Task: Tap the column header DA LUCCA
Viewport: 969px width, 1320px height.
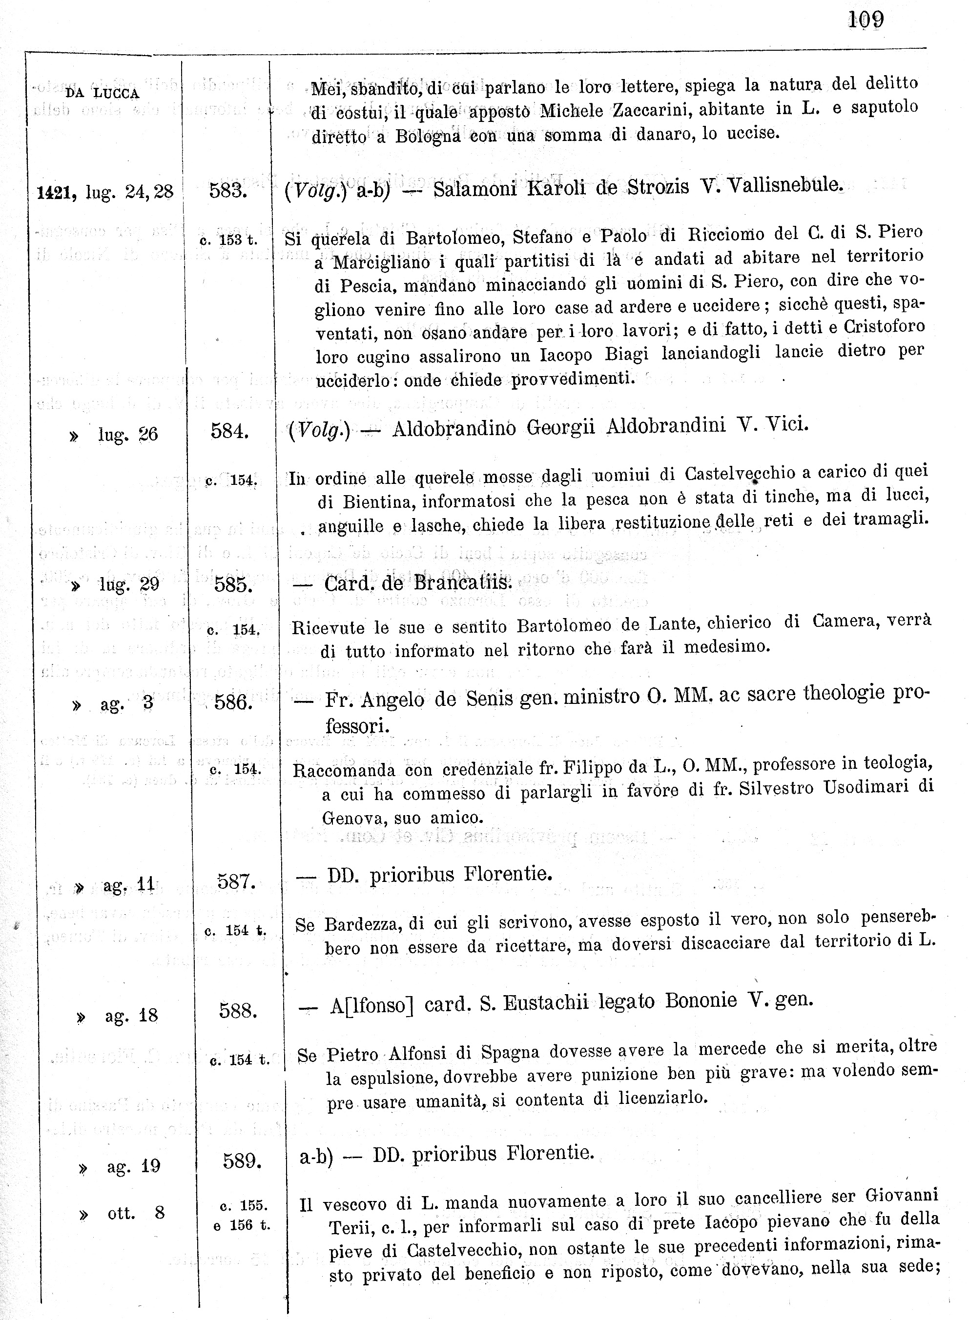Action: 103,93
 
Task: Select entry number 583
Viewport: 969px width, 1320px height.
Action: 228,191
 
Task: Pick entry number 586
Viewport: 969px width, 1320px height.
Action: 233,701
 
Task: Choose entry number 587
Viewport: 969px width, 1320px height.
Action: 236,881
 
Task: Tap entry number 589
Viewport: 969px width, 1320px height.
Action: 242,1160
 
